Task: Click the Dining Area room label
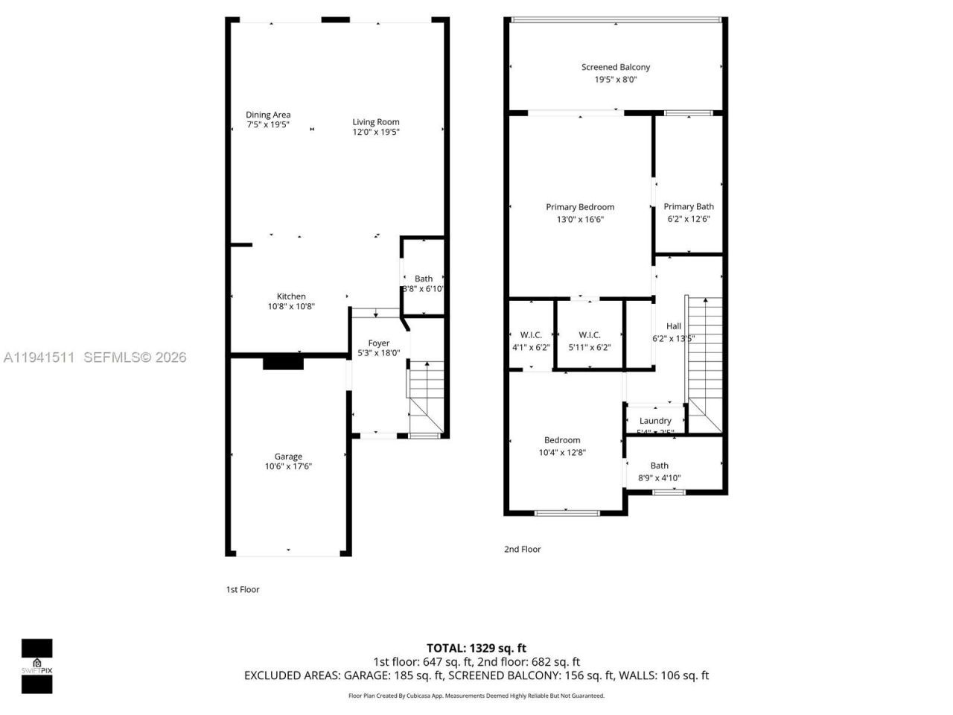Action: [x=268, y=115]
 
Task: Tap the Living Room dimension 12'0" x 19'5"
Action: [x=376, y=133]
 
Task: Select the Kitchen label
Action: [x=291, y=296]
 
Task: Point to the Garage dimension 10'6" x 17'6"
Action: [x=288, y=467]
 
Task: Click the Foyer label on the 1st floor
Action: [x=379, y=343]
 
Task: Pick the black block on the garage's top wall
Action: [x=283, y=363]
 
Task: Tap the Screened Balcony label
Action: [x=616, y=67]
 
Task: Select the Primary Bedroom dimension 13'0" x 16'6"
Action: [x=580, y=220]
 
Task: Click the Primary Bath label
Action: [x=689, y=207]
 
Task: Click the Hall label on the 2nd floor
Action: [x=674, y=326]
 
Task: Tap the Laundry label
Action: [x=655, y=421]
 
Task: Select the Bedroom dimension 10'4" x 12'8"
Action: [x=562, y=452]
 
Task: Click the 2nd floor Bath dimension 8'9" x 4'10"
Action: [x=660, y=478]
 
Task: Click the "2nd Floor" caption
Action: [x=523, y=550]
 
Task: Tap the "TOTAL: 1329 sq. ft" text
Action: [x=476, y=648]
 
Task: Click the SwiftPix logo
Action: [x=36, y=666]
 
